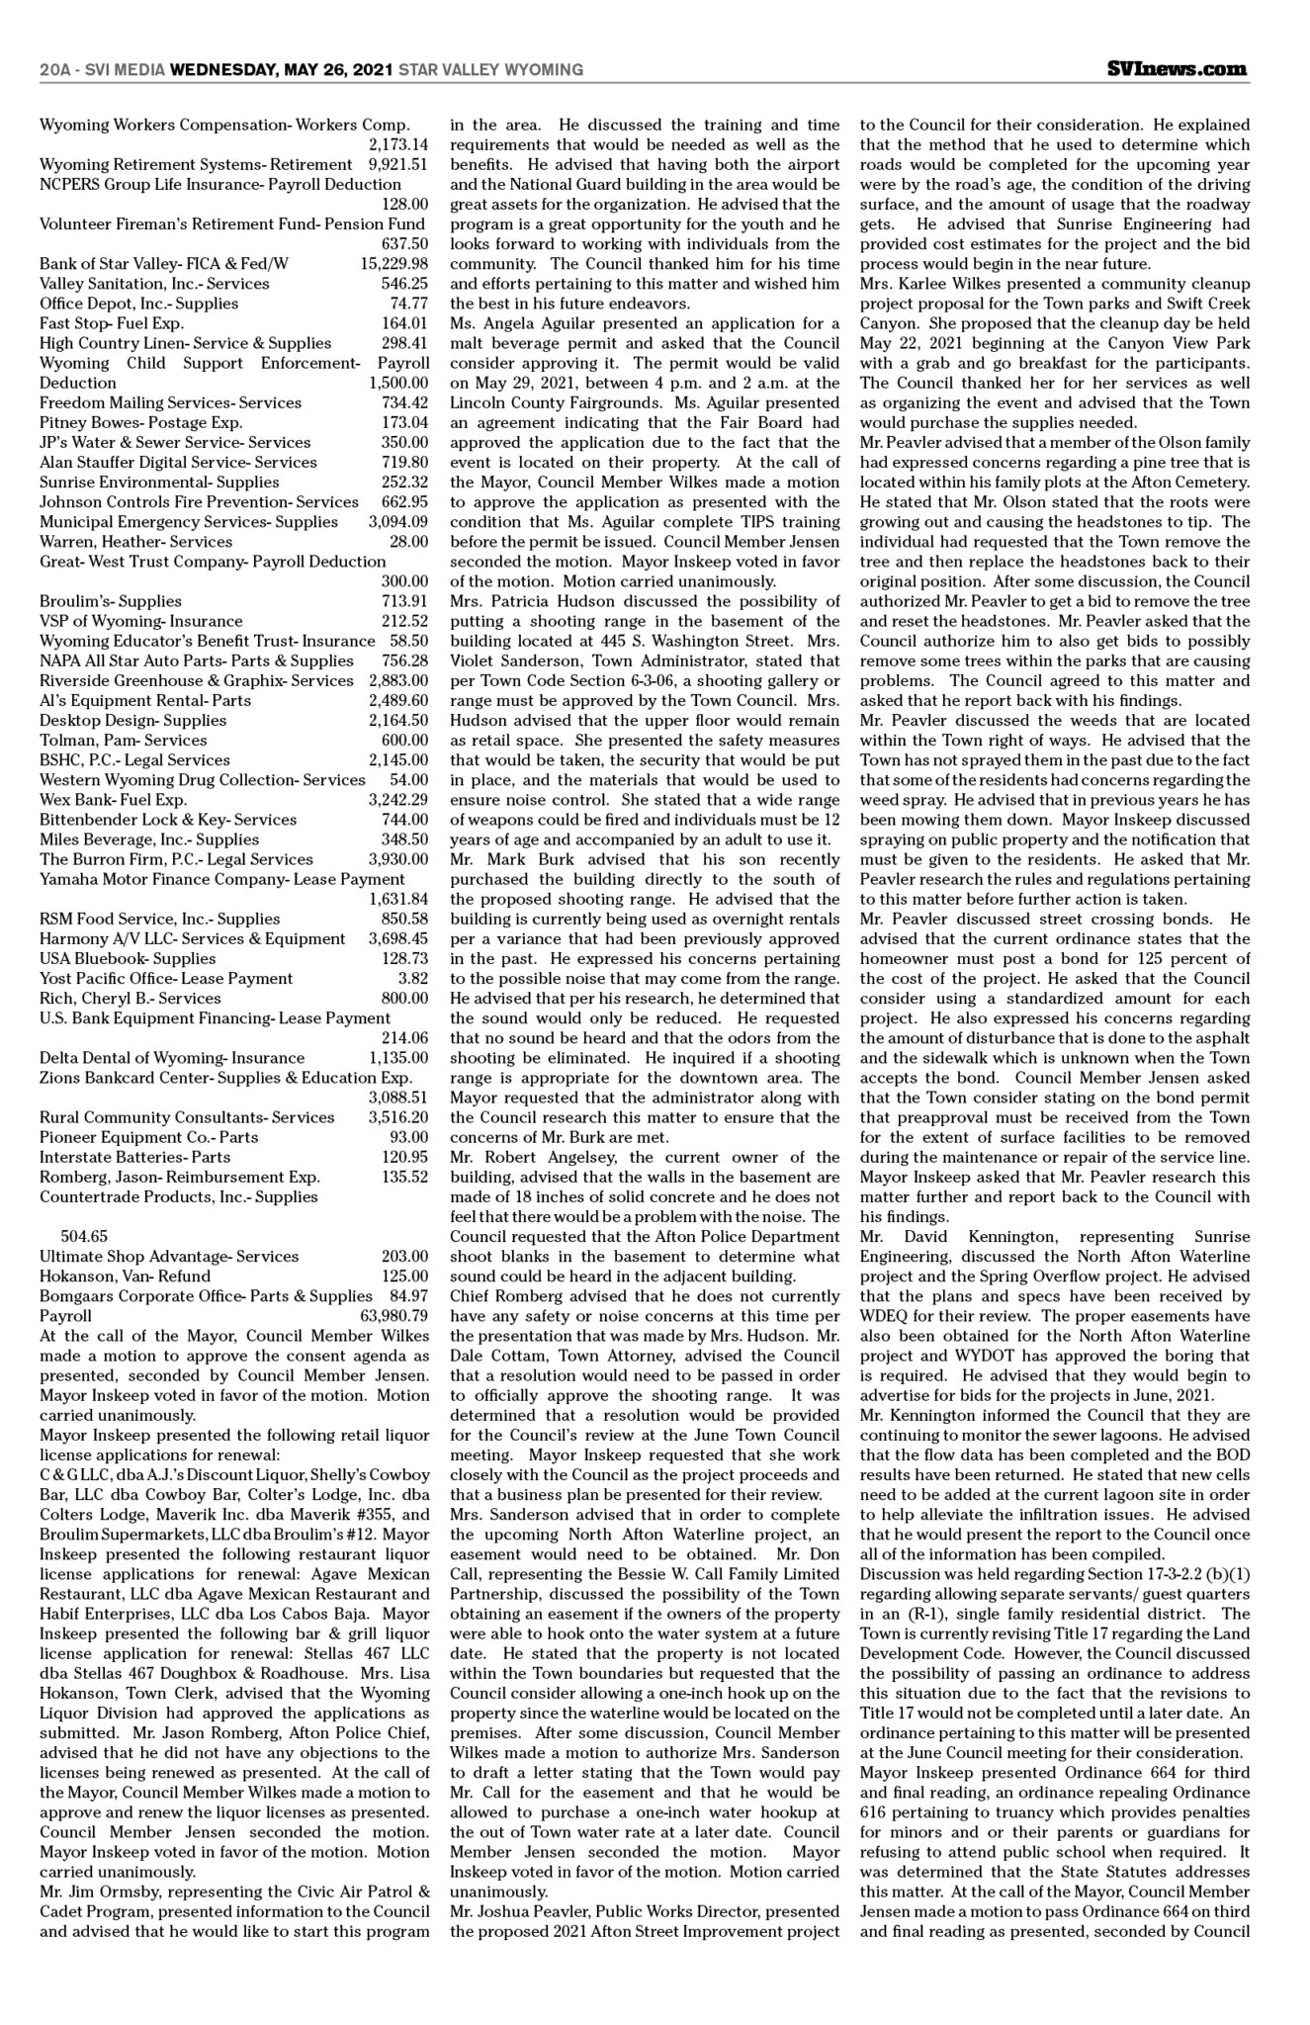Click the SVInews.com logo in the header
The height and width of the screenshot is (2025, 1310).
coord(1177,69)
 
